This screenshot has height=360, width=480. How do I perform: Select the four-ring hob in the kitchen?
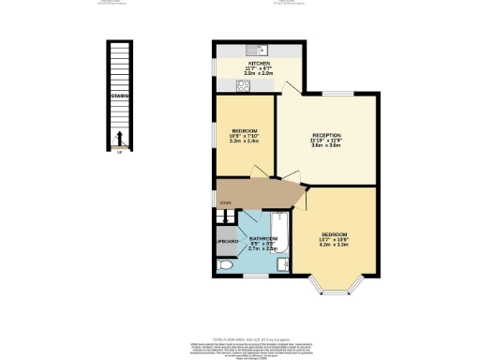[x=242, y=84]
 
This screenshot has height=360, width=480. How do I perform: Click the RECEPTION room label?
[x=326, y=135]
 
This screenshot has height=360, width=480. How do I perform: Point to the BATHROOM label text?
[x=263, y=239]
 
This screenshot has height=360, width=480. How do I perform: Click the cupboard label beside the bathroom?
[x=226, y=242]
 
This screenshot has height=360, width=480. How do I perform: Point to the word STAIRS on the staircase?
[x=117, y=96]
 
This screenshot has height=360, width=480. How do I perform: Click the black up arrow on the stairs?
[x=118, y=142]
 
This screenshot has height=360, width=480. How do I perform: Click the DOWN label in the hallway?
[x=225, y=202]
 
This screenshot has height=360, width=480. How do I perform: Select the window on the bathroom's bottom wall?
[x=253, y=278]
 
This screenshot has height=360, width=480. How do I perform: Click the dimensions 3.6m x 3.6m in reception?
[x=326, y=147]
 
